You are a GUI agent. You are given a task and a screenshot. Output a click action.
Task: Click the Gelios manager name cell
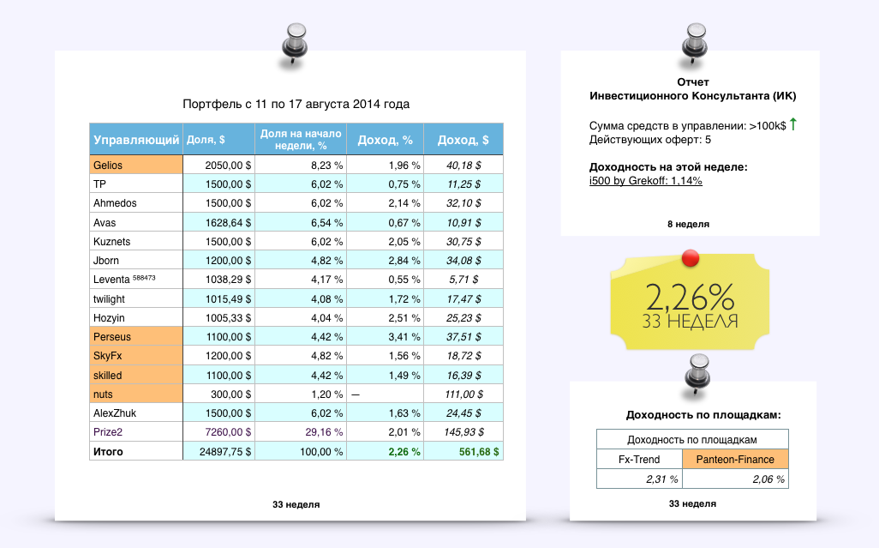(135, 166)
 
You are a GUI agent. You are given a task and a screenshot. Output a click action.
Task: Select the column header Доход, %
(388, 140)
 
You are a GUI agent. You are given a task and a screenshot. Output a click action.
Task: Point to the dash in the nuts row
(356, 394)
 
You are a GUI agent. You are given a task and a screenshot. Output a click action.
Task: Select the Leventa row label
(124, 280)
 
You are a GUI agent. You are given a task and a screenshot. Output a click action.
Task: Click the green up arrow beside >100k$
(792, 125)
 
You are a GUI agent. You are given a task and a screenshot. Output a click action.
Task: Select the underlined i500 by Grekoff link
(646, 181)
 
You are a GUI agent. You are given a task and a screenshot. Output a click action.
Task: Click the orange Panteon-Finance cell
(735, 459)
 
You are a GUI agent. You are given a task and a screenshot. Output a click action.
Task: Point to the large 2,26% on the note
(691, 297)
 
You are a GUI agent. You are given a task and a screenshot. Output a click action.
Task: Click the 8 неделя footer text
(688, 224)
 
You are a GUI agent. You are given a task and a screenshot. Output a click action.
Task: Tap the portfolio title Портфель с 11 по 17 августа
(296, 105)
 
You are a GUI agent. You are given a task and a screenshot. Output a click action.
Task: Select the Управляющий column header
(136, 140)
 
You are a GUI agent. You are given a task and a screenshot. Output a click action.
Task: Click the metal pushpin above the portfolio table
(294, 43)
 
